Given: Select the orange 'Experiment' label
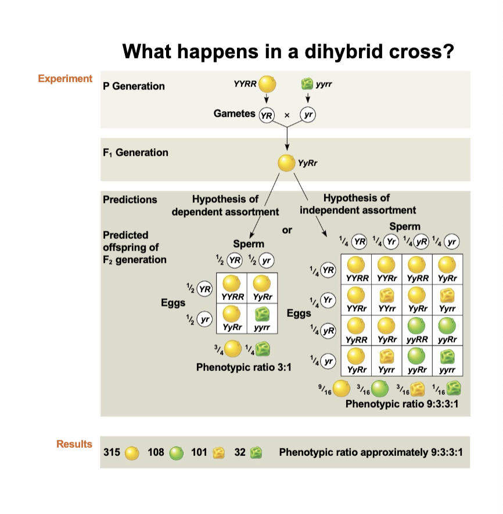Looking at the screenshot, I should (65, 78).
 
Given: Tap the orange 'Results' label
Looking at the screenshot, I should (74, 444).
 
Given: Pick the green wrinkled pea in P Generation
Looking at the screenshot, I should (307, 84).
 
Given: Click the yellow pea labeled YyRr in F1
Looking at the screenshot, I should (286, 163).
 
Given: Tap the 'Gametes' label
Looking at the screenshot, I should (235, 113).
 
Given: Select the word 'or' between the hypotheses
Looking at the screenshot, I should (287, 230).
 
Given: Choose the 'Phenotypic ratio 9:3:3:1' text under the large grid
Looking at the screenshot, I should (402, 404).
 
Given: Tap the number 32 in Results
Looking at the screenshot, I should (239, 452).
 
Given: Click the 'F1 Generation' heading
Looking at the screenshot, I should (135, 153).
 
